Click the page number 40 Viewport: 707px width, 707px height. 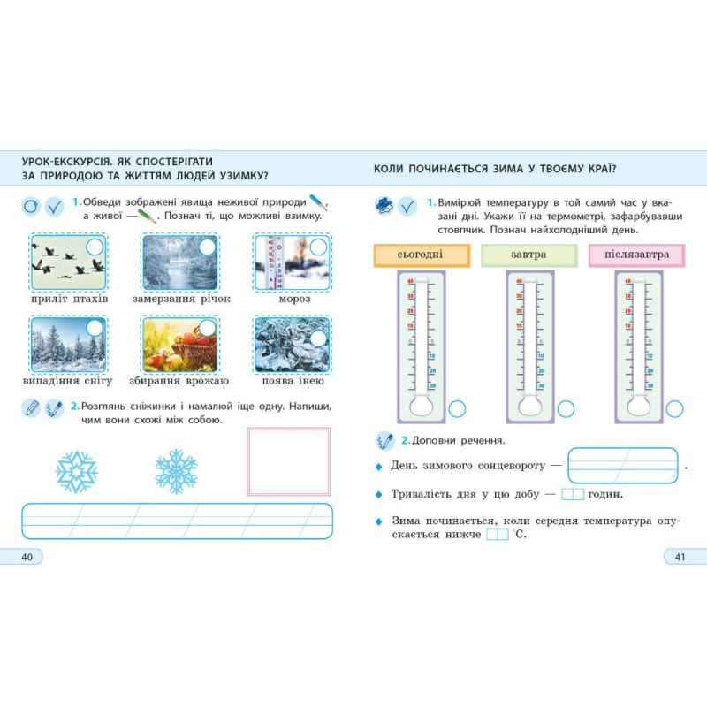coord(27,556)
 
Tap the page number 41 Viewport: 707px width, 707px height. coord(679,556)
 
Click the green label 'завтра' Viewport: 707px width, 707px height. coord(528,255)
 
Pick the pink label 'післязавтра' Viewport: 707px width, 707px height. coord(636,255)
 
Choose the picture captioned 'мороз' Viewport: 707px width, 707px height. coord(289,262)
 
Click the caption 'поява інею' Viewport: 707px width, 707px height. coord(293,381)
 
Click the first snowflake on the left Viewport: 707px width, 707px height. coord(77,472)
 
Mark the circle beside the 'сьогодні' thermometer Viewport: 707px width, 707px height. coord(458,408)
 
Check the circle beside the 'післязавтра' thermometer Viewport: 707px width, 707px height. coord(674,408)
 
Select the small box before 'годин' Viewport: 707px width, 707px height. coord(573,494)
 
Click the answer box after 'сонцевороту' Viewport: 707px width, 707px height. coord(622,464)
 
